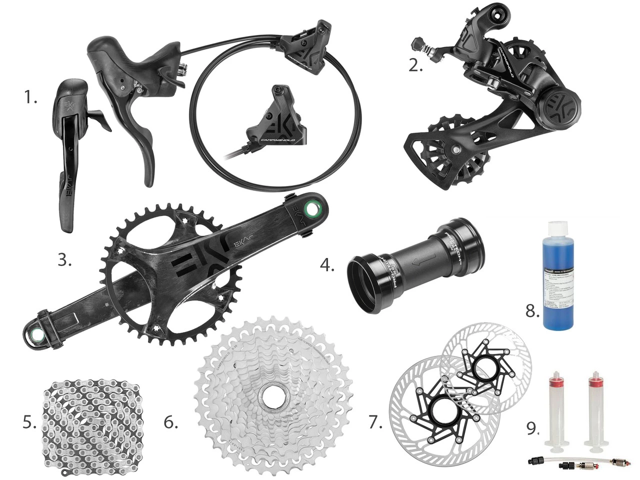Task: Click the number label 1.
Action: pos(31,98)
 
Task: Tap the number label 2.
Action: pos(415,65)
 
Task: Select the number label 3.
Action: pos(64,260)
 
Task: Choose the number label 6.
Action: pos(170,422)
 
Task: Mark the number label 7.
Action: pos(375,422)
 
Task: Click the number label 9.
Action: pos(533,427)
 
